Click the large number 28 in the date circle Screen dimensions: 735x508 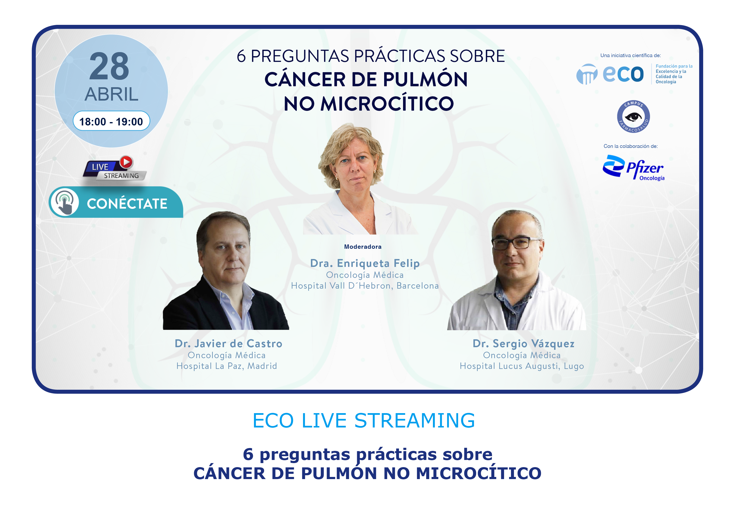point(109,66)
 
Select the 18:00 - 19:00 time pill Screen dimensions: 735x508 point(111,121)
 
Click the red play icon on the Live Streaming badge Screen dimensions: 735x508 point(126,162)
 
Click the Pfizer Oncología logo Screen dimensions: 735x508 point(633,168)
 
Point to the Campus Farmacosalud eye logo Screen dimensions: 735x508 point(633,117)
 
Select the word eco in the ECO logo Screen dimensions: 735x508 point(623,74)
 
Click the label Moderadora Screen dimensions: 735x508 point(363,247)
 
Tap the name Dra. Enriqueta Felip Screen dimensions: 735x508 point(365,264)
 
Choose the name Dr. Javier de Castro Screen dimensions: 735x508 point(228,343)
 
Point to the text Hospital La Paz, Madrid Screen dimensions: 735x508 point(227,366)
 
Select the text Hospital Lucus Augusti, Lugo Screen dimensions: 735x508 point(522,366)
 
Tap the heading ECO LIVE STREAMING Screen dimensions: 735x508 point(364,421)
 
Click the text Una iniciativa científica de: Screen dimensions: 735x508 point(630,55)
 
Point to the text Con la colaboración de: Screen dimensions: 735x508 point(630,146)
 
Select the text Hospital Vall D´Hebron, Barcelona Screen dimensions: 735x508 point(365,286)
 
